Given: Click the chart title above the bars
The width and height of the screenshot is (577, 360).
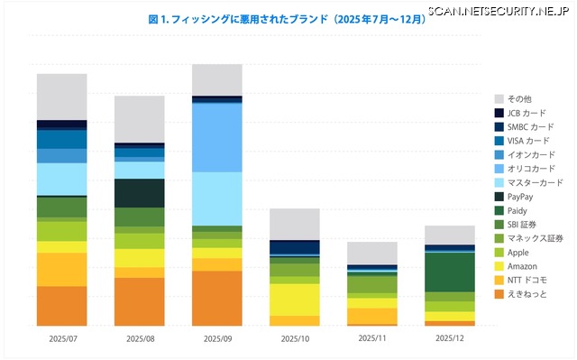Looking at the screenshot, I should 287,18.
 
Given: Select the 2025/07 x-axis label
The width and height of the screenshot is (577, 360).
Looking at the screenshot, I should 62,338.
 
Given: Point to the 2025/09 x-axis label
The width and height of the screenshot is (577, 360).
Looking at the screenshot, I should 217,338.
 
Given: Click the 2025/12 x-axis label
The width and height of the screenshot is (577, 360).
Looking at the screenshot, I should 449,338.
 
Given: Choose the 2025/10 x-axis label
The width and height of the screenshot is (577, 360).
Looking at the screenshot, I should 295,338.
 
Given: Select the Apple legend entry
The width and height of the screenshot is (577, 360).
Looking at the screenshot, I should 517,253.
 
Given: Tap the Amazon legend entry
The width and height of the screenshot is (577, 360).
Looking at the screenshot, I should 522,266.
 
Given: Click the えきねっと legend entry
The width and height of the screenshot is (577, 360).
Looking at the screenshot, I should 526,294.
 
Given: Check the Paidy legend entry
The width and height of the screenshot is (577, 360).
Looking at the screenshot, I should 517,210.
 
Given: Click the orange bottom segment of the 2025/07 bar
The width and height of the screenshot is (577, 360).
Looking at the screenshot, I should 62,306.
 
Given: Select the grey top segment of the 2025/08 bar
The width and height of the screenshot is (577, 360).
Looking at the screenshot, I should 140,118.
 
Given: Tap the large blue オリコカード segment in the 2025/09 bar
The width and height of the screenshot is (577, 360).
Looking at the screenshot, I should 217,138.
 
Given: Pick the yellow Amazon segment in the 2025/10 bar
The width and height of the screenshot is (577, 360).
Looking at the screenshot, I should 295,299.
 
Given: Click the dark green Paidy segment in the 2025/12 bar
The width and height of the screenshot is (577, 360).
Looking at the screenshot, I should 449,272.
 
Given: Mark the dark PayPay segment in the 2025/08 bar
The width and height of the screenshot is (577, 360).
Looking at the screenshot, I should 140,193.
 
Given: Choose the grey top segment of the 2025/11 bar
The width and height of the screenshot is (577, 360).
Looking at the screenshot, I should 372,253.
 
